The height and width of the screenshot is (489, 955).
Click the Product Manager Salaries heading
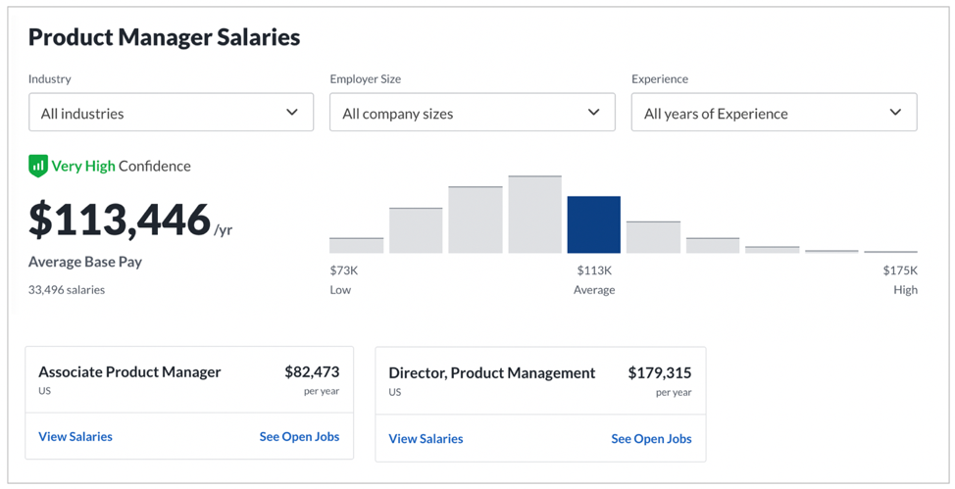pyautogui.click(x=164, y=38)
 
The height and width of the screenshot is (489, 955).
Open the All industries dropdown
pyautogui.click(x=172, y=112)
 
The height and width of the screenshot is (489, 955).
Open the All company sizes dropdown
pyautogui.click(x=472, y=112)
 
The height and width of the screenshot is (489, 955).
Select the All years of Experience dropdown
pyautogui.click(x=775, y=112)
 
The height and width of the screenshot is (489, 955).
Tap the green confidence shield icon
pyautogui.click(x=38, y=166)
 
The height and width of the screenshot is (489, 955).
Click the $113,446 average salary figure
pyautogui.click(x=120, y=220)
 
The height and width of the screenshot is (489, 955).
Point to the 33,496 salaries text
pyautogui.click(x=67, y=290)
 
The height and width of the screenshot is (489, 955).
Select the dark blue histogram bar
pyautogui.click(x=594, y=224)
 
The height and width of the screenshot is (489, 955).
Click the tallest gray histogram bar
pyautogui.click(x=534, y=215)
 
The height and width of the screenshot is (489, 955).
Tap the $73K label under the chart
pyautogui.click(x=344, y=270)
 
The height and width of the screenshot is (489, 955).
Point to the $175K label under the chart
pyautogui.click(x=900, y=270)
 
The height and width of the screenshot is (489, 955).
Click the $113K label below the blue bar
pyautogui.click(x=594, y=270)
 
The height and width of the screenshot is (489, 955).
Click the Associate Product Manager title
pyautogui.click(x=129, y=372)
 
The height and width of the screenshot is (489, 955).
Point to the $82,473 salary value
pyautogui.click(x=312, y=371)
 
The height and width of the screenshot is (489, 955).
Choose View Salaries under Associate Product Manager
pyautogui.click(x=75, y=437)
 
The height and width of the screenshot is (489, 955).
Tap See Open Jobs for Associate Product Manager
pyautogui.click(x=299, y=437)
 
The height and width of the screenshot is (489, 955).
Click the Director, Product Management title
pyautogui.click(x=492, y=373)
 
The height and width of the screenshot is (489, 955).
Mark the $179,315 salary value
pyautogui.click(x=660, y=372)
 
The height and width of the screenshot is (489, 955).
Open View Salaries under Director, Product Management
pyautogui.click(x=426, y=438)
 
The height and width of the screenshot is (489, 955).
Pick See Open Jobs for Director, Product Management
pyautogui.click(x=651, y=438)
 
